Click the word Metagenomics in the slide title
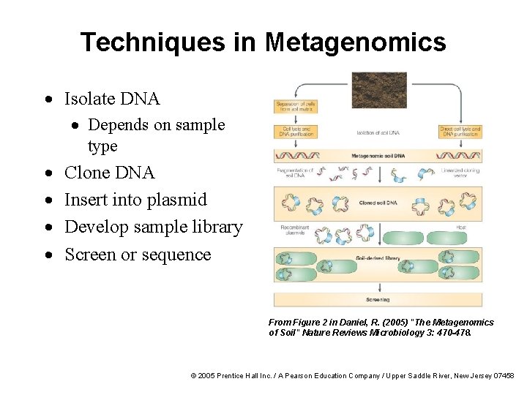[x=356, y=42]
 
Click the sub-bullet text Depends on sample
[x=156, y=125]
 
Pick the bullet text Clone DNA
[x=110, y=173]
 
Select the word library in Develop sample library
[x=213, y=227]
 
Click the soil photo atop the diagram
[x=378, y=89]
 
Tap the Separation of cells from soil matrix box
[x=295, y=106]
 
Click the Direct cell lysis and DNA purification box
[x=460, y=132]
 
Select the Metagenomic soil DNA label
[x=378, y=156]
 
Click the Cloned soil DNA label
[x=378, y=203]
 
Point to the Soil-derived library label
[x=378, y=257]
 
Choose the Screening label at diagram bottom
[x=378, y=299]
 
